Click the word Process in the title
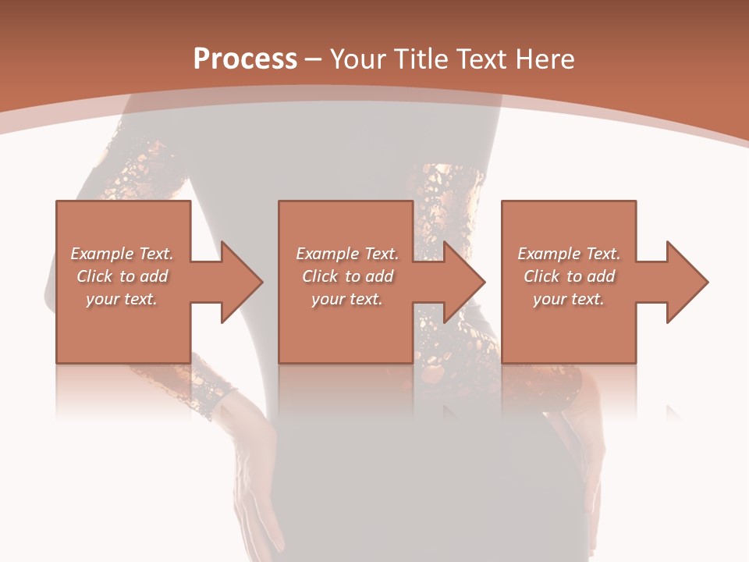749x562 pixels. tap(245, 59)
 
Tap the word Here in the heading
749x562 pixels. tap(545, 59)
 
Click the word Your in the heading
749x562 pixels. tap(358, 59)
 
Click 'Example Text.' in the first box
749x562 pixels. tap(122, 254)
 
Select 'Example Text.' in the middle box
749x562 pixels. tap(347, 254)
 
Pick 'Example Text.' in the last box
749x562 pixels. tap(569, 254)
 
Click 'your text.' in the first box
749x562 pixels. tap(122, 299)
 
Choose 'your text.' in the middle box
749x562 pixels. tap(347, 299)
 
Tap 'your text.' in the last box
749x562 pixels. tap(569, 299)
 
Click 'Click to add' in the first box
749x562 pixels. tap(122, 276)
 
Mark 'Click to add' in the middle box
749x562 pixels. tap(347, 276)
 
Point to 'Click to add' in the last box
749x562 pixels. tap(569, 276)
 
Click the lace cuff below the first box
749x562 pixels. tap(199, 388)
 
